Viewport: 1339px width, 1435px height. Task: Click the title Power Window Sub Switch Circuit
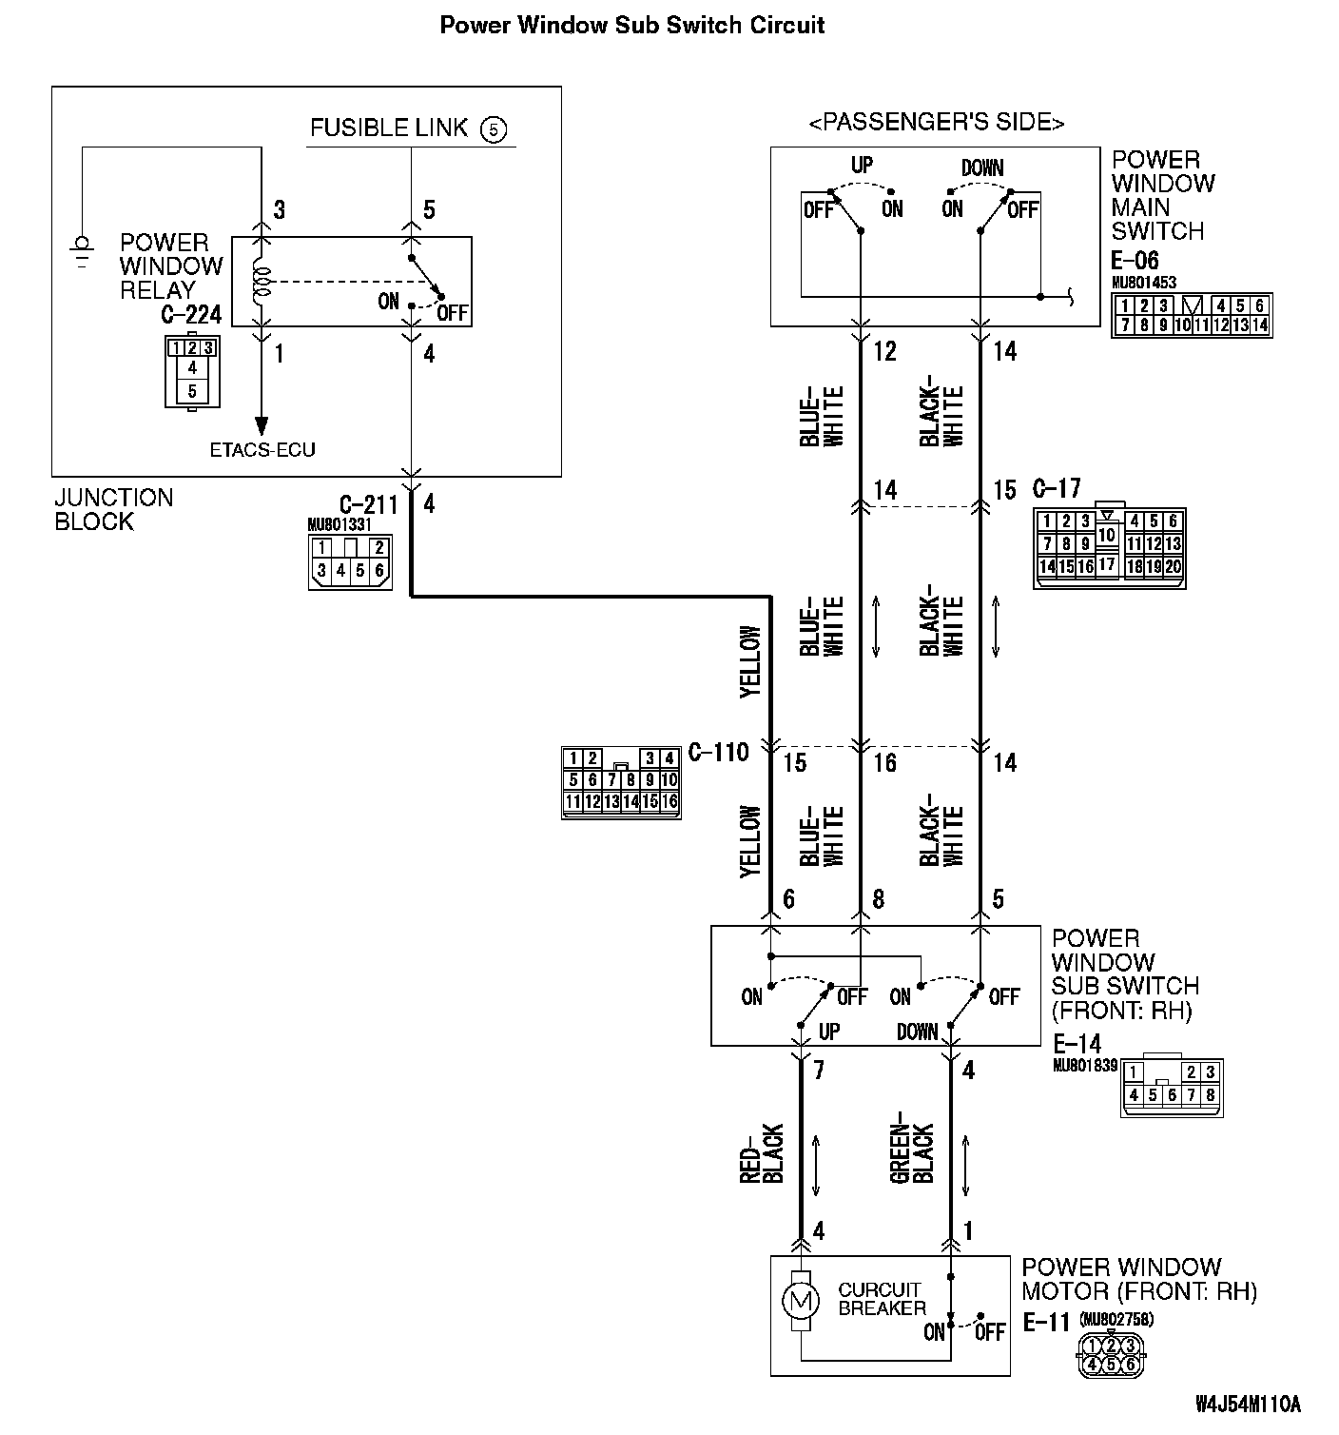pos(631,26)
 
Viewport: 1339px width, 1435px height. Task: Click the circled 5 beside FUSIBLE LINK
pos(494,128)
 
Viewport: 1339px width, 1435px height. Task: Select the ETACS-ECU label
pos(262,449)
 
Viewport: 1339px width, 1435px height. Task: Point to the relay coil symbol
pos(262,282)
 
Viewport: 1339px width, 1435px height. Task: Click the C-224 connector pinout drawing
pos(191,371)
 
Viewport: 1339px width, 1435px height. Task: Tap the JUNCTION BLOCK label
pos(113,510)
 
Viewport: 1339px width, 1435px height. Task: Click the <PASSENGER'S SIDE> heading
pos(936,123)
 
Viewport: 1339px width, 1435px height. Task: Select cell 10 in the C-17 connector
pos(1106,535)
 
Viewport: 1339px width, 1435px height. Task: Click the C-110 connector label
pos(718,753)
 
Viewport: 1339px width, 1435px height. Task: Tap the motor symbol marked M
pos(800,1298)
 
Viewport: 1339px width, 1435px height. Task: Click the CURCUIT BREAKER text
pos(881,1299)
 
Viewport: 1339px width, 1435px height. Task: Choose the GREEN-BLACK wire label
pos(912,1153)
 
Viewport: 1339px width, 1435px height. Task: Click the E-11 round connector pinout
pos(1110,1355)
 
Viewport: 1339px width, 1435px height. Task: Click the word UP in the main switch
pos(862,165)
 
